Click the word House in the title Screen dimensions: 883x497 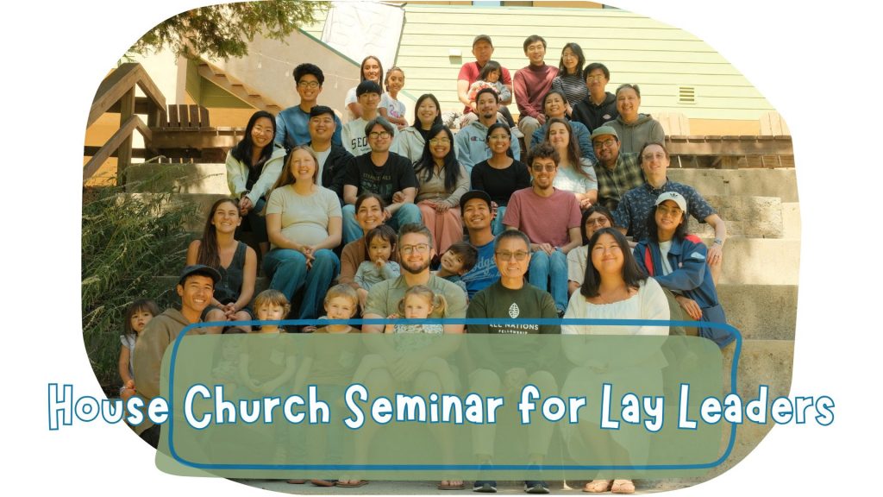point(108,406)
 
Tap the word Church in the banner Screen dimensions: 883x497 point(256,406)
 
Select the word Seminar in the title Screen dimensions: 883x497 point(423,406)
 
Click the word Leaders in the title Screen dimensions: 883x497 point(755,406)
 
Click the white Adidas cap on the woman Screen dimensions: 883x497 point(671,199)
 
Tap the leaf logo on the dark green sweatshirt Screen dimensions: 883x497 point(513,310)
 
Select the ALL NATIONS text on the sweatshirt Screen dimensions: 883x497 point(514,326)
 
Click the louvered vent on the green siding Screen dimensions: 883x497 point(686,95)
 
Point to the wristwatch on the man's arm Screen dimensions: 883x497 point(717,242)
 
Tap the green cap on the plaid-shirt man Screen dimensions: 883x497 point(604,132)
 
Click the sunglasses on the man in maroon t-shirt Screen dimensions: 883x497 point(543,167)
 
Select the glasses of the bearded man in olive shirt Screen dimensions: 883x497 point(415,248)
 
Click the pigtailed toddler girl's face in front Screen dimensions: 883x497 point(417,305)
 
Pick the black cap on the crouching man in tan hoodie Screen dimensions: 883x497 point(199,274)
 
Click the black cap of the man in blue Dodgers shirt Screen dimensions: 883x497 point(475,198)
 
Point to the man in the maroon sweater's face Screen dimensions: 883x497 point(535,52)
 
